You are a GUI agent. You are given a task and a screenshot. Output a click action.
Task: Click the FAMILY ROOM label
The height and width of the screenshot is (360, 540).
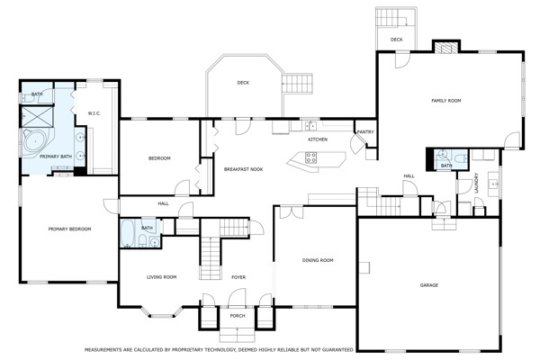pos(446,101)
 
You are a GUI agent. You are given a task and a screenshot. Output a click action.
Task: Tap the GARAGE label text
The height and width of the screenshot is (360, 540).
pos(429,285)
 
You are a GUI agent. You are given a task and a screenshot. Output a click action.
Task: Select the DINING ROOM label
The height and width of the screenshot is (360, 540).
pos(318,260)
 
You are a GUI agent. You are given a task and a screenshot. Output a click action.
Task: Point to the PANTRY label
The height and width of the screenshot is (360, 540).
pos(365,132)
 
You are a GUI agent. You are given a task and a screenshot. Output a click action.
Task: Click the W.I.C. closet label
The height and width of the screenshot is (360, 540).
pos(94,113)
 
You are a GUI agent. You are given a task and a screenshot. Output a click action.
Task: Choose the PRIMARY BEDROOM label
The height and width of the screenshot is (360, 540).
pos(69,229)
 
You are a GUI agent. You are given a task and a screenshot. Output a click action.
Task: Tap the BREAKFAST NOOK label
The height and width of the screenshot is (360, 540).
pos(244,169)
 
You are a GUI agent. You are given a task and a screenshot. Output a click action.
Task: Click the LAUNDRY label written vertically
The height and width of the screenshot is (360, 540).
pos(477,183)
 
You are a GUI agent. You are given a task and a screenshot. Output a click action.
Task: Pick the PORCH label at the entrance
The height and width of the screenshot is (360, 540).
pos(238,316)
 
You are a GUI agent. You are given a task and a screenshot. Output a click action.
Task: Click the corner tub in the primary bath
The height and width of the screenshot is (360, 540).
pos(36,142)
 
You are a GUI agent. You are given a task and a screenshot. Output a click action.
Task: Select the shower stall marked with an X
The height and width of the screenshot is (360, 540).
pos(37,117)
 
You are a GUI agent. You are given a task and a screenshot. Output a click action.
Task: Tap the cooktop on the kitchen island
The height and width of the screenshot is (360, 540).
pos(310,157)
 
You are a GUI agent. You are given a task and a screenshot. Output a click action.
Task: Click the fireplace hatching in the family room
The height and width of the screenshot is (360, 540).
pos(446,48)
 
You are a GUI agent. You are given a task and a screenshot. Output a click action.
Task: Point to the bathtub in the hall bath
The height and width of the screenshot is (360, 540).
pos(129,233)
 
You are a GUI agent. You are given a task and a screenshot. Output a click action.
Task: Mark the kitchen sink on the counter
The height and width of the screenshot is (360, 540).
pos(310,126)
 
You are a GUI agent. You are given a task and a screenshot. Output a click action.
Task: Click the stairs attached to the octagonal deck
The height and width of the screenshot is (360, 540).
pos(297,84)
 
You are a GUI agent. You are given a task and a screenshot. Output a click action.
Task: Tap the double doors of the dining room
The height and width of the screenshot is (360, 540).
pos(292,212)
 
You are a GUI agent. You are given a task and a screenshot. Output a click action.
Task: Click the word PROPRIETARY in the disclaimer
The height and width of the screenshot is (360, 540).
pos(188,350)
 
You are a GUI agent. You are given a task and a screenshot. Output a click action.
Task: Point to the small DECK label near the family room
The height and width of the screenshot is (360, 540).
pos(396,40)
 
